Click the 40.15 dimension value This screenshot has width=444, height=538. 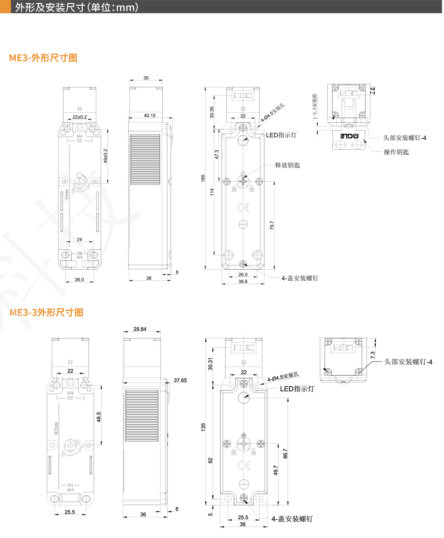150,115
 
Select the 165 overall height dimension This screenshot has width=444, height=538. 203,178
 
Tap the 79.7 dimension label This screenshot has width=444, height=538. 272,225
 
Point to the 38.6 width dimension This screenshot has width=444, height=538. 243,281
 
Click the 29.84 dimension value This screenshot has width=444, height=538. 140,329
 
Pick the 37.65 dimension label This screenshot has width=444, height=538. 180,380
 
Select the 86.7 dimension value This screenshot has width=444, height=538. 285,453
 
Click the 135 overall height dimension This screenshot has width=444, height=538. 203,427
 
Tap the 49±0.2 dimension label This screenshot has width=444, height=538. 105,156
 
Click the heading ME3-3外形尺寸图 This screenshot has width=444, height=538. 46,312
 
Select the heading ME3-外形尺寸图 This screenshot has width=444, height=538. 43,58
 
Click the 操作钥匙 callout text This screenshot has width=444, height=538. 396,152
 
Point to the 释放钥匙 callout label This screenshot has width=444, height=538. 287,165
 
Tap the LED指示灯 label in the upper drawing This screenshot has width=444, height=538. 281,135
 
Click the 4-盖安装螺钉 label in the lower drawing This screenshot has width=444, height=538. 292,519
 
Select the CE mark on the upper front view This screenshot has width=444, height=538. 243,207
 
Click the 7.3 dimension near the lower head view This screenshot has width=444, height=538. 372,355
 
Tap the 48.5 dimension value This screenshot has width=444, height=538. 99,417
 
